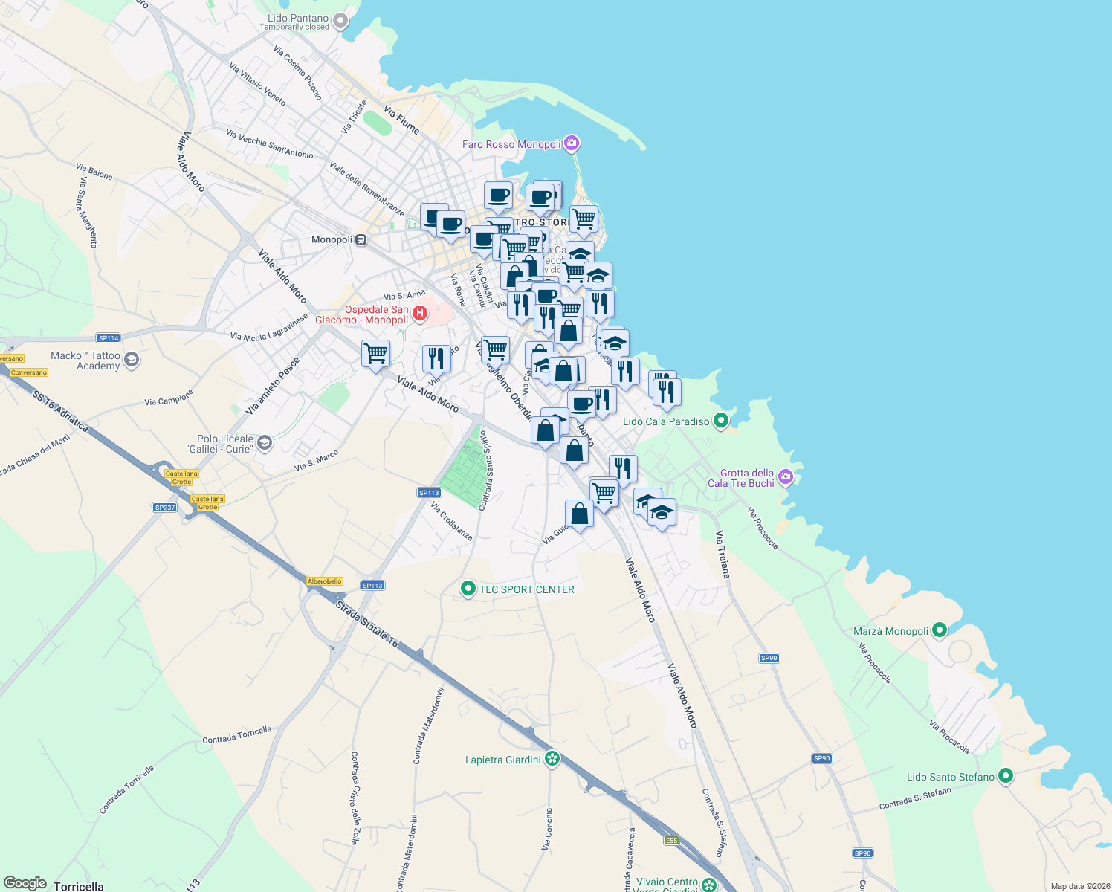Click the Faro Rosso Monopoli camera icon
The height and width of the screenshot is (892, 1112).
572,143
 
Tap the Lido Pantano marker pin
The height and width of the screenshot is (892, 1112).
340,21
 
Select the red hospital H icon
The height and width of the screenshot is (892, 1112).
419,314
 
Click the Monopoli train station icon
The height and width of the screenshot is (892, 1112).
361,239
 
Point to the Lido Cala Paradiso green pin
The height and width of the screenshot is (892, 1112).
720,421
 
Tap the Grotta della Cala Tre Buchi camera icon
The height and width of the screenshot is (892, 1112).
786,477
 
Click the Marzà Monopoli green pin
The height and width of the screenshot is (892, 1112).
939,631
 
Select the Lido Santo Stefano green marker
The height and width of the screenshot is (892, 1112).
1005,776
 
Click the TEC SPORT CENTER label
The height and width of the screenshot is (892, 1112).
526,589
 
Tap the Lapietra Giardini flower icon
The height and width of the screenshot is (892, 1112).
552,759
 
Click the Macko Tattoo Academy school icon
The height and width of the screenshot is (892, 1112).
132,361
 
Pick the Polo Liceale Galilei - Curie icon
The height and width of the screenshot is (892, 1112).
265,444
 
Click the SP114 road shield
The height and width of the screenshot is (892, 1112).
109,338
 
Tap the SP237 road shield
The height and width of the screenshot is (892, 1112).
164,508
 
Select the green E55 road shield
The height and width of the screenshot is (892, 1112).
671,841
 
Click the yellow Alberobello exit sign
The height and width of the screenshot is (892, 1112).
325,581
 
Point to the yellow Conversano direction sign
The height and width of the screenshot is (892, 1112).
29,372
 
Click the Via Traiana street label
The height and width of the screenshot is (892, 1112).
723,555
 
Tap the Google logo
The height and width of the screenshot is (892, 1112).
25,883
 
